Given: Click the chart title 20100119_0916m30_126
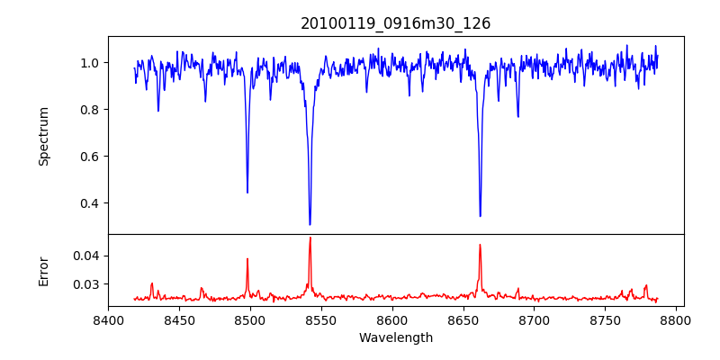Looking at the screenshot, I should [x=396, y=23].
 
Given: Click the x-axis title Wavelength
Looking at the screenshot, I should [x=396, y=338].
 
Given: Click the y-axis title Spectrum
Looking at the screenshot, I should [x=44, y=136].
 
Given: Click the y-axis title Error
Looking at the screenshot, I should [x=44, y=270].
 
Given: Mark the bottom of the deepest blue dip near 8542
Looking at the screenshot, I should [x=310, y=224].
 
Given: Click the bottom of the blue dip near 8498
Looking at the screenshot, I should [x=247, y=192].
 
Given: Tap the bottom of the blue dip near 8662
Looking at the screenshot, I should [x=480, y=216].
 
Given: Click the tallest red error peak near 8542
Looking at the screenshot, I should [x=310, y=238].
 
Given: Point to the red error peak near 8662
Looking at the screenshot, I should [x=480, y=245].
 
